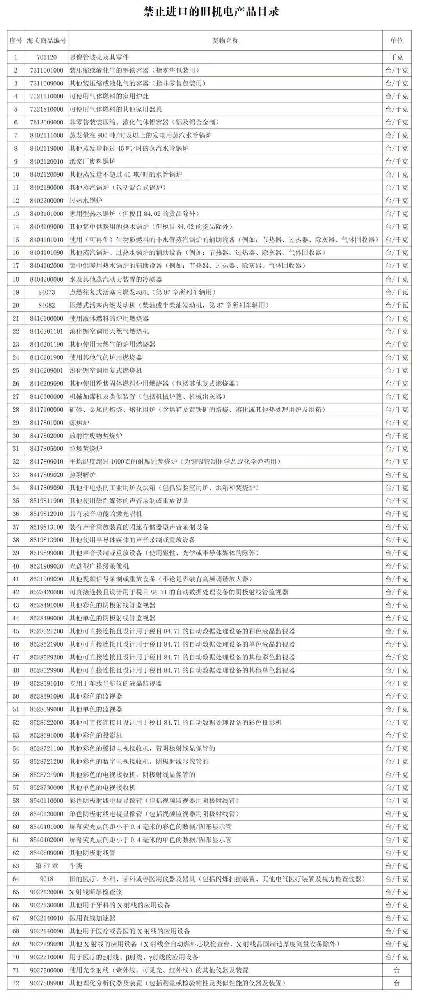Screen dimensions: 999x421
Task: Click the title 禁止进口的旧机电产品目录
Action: click(211, 12)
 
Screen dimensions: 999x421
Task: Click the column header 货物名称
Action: click(225, 41)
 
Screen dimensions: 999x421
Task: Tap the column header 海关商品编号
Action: click(46, 41)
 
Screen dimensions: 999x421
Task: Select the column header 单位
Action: click(396, 41)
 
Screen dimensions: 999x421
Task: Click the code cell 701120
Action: click(46, 57)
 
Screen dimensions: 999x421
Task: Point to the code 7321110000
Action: click(46, 96)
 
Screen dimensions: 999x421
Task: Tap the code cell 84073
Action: click(46, 292)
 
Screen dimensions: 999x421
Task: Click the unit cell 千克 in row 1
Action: click(396, 57)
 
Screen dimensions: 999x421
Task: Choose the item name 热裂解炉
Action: click(82, 475)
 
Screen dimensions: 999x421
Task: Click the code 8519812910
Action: click(46, 514)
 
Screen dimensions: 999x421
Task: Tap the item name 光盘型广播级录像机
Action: click(99, 566)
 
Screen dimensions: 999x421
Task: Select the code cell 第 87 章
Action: click(46, 866)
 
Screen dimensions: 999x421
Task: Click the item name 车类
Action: click(76, 866)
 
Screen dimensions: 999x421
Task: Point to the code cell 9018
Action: click(46, 879)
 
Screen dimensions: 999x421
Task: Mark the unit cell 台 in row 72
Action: click(396, 983)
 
